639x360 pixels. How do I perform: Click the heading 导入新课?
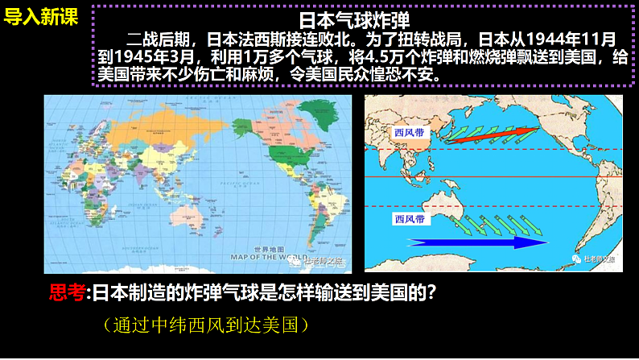click(x=41, y=17)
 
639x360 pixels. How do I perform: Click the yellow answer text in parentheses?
click(x=205, y=325)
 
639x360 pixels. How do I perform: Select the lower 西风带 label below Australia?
click(x=410, y=218)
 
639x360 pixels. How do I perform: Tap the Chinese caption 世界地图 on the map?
click(x=265, y=249)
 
